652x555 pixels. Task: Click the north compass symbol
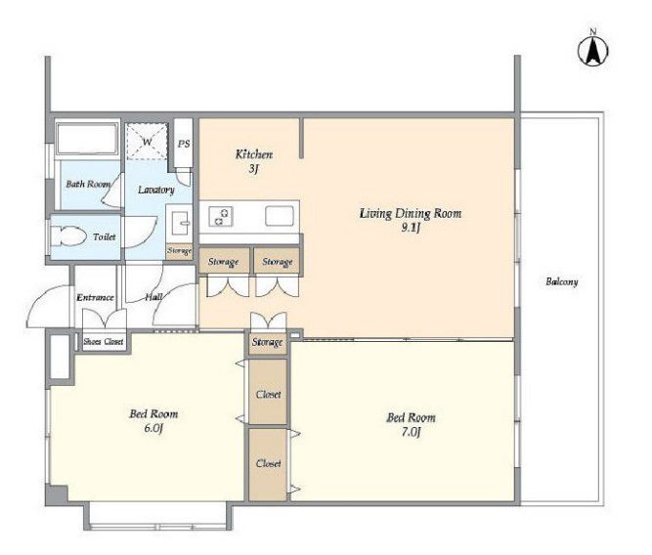click(593, 50)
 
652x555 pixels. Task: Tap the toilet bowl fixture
click(68, 237)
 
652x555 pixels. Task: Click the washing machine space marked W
click(147, 142)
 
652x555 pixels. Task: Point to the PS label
click(184, 144)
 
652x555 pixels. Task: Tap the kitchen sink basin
click(279, 216)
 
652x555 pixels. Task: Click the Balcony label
click(562, 281)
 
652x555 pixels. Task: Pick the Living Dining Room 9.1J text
click(411, 220)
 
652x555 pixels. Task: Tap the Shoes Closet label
click(104, 342)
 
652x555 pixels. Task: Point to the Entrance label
click(95, 297)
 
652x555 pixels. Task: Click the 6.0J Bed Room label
click(153, 421)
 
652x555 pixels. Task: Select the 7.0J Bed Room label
click(411, 424)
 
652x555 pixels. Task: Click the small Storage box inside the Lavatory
click(179, 251)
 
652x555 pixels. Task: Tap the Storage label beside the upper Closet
click(268, 343)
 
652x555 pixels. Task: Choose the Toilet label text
click(105, 237)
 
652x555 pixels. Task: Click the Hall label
click(153, 297)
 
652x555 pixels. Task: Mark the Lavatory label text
click(156, 190)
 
